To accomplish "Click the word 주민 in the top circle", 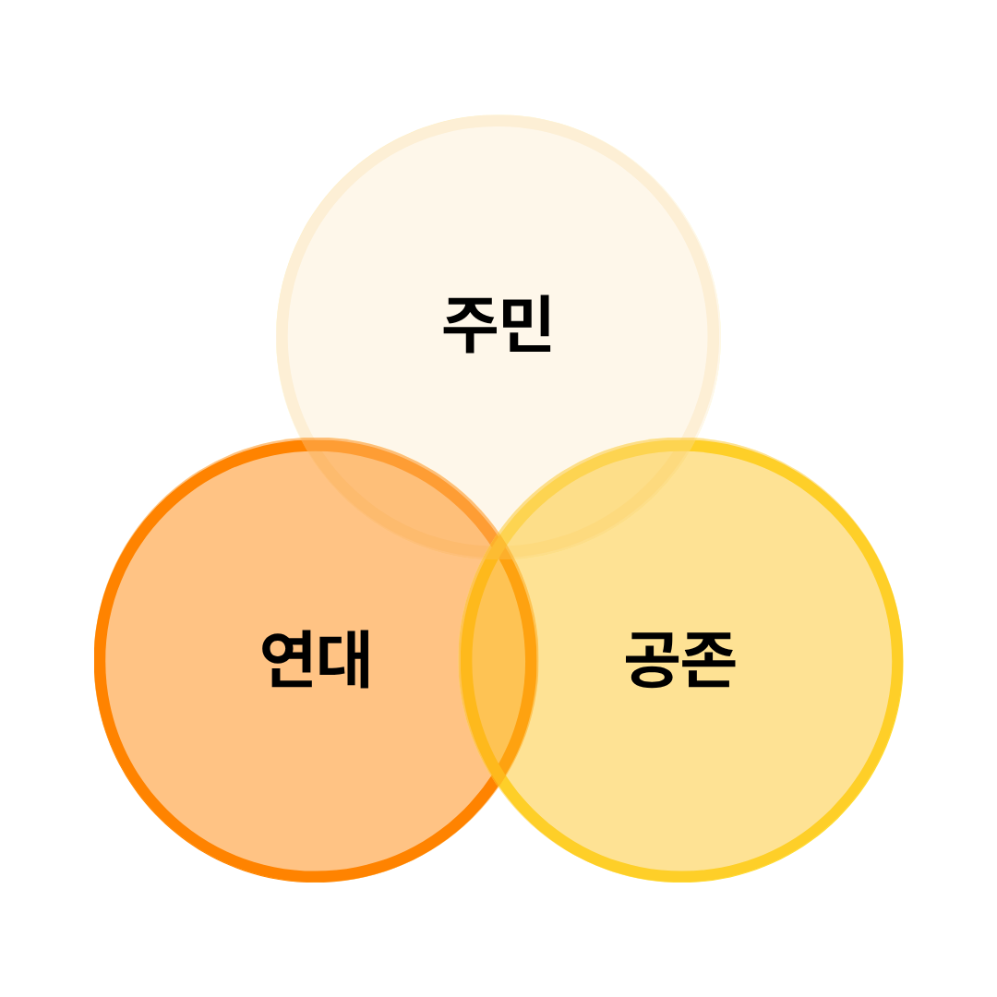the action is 498,324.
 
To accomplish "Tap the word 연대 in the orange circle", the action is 315,659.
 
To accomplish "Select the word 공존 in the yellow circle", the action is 681,659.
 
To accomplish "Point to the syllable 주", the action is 470,324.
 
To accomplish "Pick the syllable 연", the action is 288,659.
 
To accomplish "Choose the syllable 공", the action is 652,659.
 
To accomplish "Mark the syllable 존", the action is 709,659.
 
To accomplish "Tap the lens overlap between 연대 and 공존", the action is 498,665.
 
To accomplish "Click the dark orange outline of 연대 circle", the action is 100,660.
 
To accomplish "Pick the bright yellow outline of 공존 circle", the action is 897,660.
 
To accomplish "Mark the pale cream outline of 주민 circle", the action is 498,120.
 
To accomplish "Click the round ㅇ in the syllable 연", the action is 277,650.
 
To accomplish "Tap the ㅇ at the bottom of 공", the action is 652,679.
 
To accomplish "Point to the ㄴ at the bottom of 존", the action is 709,680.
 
